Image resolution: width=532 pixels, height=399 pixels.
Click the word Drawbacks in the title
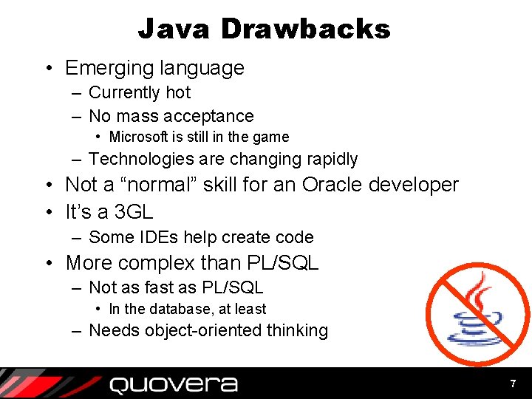click(306, 29)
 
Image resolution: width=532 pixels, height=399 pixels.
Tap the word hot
click(178, 93)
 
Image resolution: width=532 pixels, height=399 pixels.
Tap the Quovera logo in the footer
click(173, 384)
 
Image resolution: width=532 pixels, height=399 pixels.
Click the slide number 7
click(512, 384)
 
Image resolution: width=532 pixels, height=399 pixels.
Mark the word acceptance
click(213, 116)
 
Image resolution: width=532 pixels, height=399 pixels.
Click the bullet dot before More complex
click(50, 263)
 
